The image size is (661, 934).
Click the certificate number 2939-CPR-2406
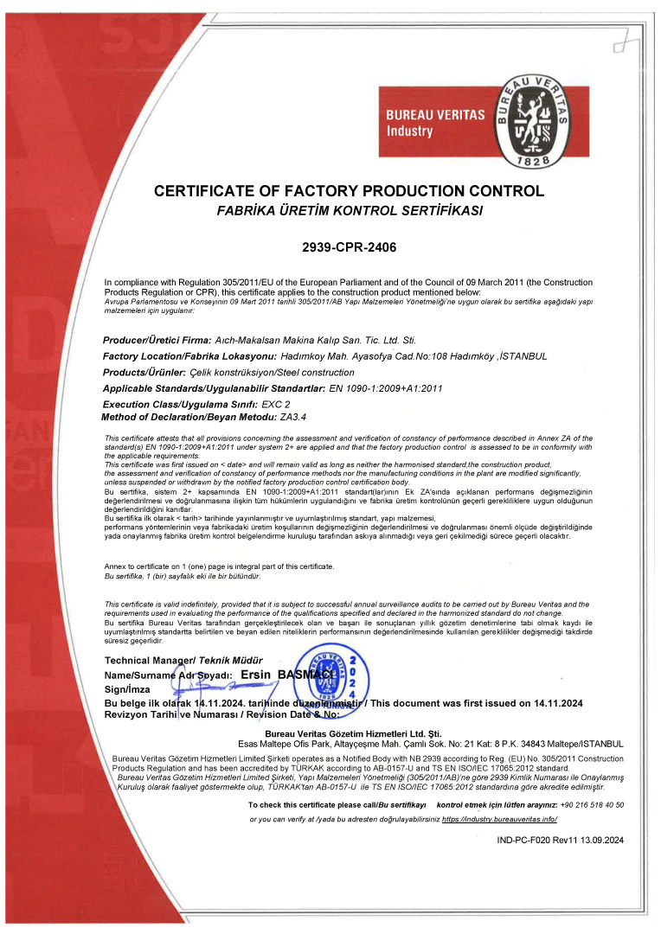[349, 247]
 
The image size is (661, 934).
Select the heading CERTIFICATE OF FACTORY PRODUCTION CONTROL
[349, 191]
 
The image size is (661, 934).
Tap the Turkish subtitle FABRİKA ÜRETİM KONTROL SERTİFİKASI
[349, 211]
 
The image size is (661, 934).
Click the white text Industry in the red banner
[409, 131]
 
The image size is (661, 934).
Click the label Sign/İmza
[127, 688]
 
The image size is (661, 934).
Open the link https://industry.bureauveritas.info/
[499, 818]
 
